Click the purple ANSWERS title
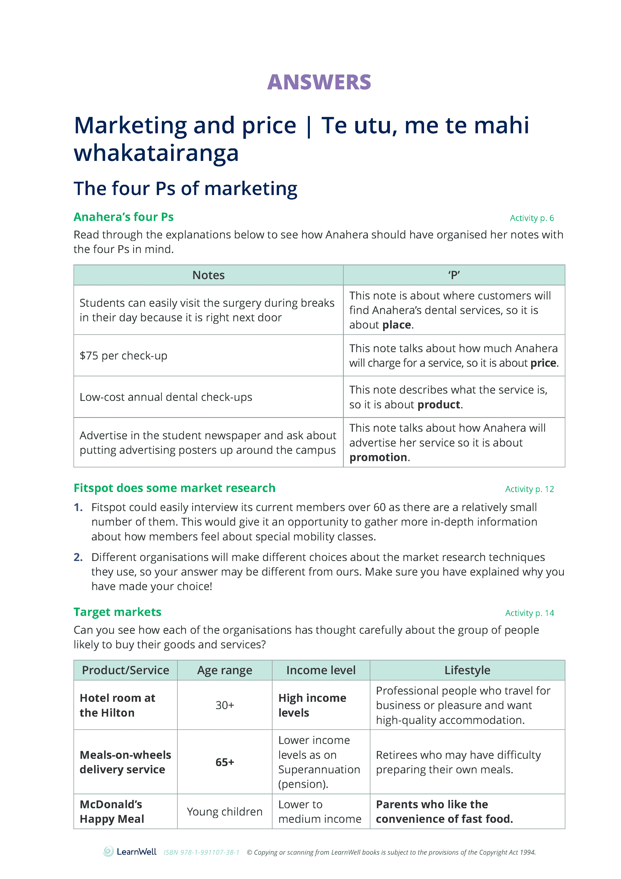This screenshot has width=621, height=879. click(x=319, y=82)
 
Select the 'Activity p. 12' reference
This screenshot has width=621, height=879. click(x=529, y=489)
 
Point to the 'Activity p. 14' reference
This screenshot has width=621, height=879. click(x=529, y=613)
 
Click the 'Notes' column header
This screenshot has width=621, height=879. click(x=208, y=275)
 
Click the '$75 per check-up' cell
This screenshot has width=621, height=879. click(x=123, y=356)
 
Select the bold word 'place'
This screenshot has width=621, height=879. click(x=396, y=325)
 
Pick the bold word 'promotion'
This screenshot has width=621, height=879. click(x=378, y=457)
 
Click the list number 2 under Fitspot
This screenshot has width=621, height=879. click(x=78, y=557)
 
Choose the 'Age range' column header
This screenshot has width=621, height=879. click(x=225, y=671)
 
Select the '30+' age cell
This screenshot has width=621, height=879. click(x=225, y=705)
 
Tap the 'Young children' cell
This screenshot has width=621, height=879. click(x=225, y=812)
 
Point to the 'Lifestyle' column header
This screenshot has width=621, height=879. click(x=467, y=671)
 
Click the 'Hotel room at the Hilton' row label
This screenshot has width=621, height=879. click(x=117, y=705)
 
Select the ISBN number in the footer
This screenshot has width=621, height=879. click(x=201, y=852)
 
